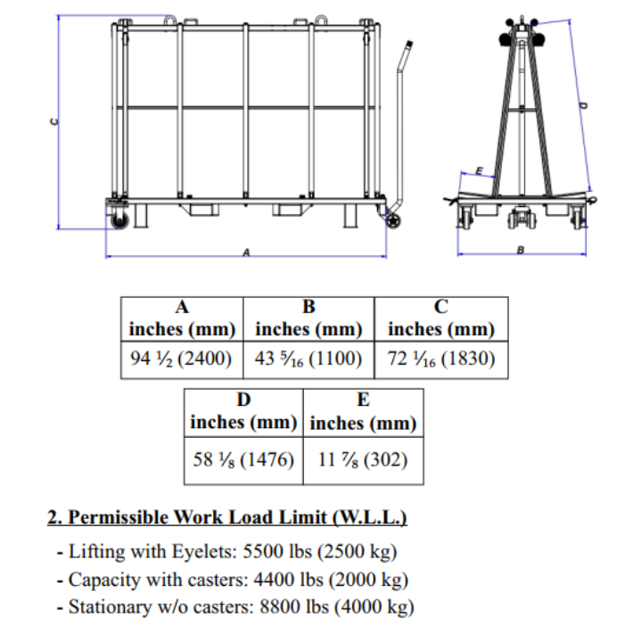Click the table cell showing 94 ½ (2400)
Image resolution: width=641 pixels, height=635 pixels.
182,360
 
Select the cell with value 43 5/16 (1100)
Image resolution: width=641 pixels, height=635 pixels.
309,360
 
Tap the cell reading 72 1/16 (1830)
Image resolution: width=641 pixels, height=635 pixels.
440,360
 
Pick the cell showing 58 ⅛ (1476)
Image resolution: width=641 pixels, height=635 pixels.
242,460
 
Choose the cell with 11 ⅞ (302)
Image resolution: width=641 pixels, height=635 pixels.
362,460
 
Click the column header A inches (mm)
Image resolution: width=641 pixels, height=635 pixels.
182,318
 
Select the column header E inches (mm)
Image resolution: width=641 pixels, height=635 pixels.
362,411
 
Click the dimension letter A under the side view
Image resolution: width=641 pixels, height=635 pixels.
246,253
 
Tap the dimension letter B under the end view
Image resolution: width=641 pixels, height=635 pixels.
521,251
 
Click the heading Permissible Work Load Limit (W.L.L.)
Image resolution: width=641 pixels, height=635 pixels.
227,518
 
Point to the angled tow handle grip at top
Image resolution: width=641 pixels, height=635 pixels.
407,54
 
